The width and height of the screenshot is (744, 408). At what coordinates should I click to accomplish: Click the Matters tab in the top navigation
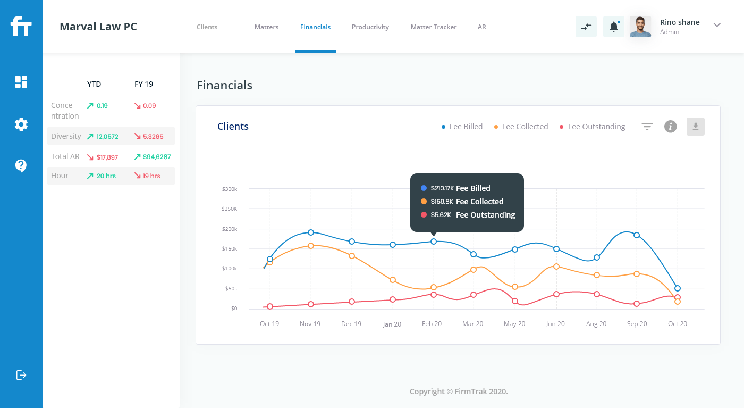point(266,27)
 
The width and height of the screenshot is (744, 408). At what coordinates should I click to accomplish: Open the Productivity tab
point(370,27)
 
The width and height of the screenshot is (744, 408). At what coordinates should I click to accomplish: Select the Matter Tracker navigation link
point(433,27)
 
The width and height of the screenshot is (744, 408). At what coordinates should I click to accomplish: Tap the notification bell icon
point(613,27)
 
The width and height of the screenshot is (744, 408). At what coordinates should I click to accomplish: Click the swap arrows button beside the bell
point(586,27)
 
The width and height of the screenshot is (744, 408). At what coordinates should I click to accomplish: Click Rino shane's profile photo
point(640,27)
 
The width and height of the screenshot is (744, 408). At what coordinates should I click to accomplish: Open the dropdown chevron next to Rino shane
point(717,25)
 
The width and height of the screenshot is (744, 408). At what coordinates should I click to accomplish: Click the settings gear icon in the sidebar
point(21,124)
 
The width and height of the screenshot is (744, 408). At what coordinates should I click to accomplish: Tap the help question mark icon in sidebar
point(21,166)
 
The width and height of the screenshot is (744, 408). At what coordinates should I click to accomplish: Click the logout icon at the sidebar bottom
point(21,375)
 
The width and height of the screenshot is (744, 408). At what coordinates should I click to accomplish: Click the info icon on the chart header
point(670,127)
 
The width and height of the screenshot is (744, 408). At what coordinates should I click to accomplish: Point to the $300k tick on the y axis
point(230,189)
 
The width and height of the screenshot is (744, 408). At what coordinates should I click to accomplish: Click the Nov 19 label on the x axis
point(310,324)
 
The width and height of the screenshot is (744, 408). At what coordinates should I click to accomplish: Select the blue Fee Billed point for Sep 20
point(637,235)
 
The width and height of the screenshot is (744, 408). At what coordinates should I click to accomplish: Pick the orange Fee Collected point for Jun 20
point(556,267)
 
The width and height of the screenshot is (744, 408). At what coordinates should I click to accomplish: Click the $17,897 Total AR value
point(107,157)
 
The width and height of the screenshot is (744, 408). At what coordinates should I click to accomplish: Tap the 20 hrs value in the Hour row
point(106,176)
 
